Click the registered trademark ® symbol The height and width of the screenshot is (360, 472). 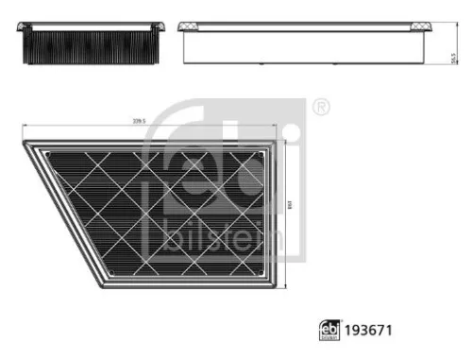point(320,108)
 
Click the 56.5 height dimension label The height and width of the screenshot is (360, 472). point(455,59)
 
